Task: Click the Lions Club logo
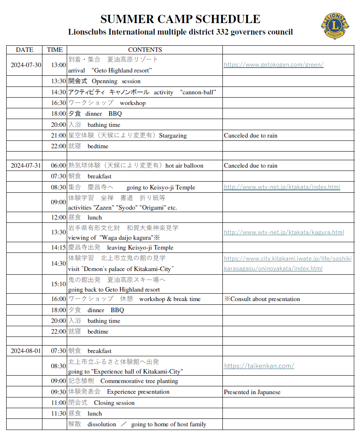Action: coord(335,26)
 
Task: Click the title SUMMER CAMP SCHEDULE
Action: coord(180,19)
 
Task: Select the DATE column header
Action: coord(25,50)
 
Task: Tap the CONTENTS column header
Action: coord(145,50)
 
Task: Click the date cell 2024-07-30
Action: coord(26,65)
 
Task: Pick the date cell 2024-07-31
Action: coord(26,166)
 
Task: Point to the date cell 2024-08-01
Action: coord(26,351)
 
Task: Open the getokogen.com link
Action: coord(274,65)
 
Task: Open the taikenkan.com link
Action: coord(259,366)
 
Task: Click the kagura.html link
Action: coord(284,232)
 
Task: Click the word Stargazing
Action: coord(173,136)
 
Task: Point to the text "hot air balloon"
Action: coord(184,166)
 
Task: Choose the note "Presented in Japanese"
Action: coord(252,392)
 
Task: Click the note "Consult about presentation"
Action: coord(265,299)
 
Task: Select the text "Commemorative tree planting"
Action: coord(139,381)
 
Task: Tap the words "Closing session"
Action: coord(114,403)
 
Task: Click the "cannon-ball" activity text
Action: coord(198,92)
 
